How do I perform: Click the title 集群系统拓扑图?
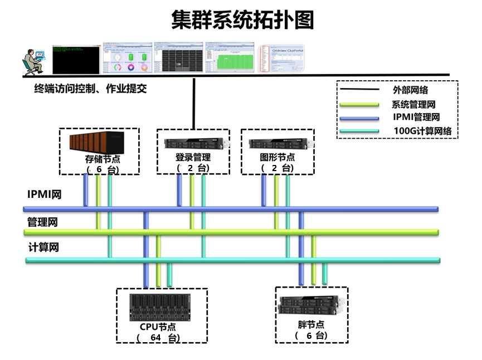tap(242, 20)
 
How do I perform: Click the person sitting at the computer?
tap(33, 60)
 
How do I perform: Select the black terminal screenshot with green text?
tap(76, 59)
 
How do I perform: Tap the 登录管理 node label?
tap(193, 157)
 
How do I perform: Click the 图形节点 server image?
tap(277, 143)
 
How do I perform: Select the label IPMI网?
tap(44, 194)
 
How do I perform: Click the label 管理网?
tap(42, 222)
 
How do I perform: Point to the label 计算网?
tap(43, 247)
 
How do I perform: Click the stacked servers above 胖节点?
tap(310, 305)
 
